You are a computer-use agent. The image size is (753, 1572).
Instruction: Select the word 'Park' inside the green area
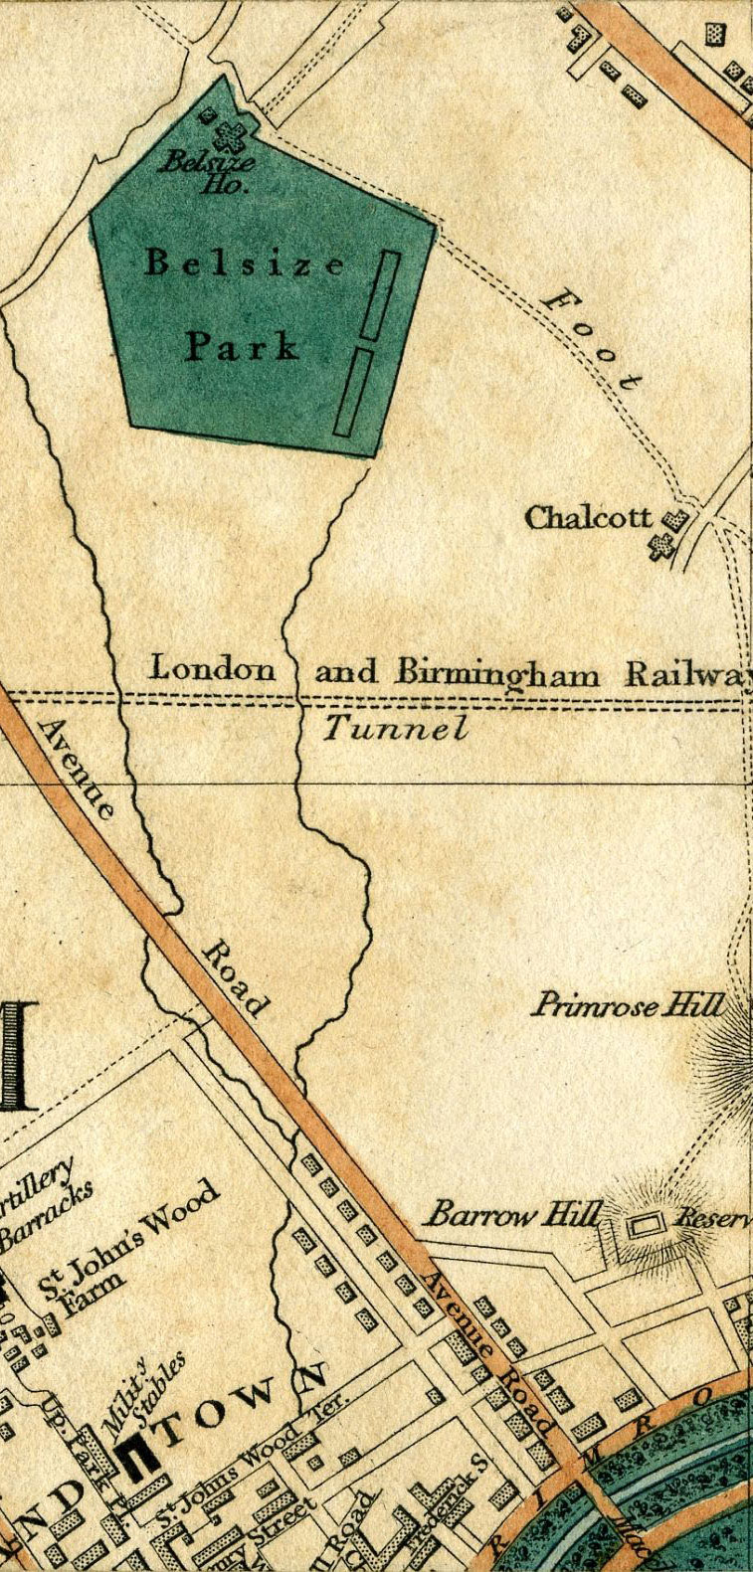[242, 347]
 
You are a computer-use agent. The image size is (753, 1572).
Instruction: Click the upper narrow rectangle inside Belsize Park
[379, 294]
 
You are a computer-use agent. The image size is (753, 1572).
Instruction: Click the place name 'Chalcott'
[589, 518]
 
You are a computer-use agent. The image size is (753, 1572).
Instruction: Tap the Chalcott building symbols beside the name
[668, 534]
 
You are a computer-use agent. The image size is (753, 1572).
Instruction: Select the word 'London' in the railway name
[212, 669]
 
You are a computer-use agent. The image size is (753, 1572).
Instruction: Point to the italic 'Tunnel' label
[395, 729]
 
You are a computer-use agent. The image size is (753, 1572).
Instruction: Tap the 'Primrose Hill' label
[627, 1005]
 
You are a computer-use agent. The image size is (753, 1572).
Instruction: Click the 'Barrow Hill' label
[514, 1214]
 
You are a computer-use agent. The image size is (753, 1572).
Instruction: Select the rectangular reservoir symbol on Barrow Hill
[647, 1227]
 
